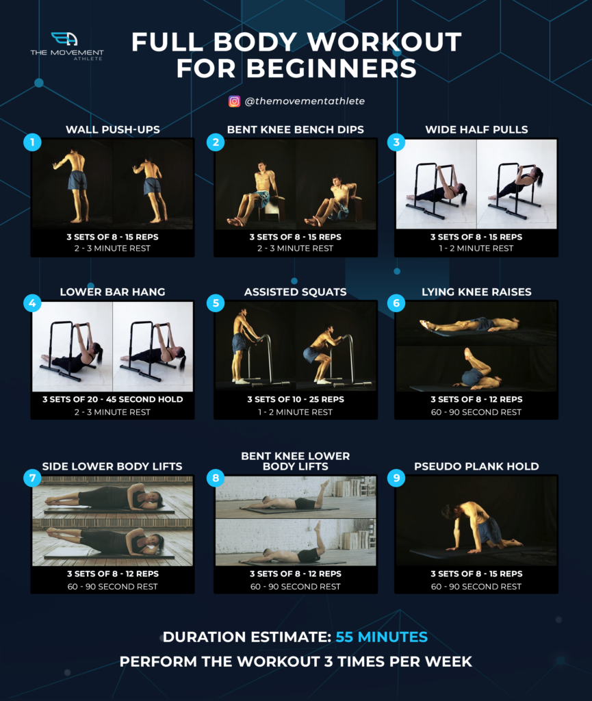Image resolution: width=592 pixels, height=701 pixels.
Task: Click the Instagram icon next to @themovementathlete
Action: (x=234, y=101)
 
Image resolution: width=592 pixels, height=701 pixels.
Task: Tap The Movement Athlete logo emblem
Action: (x=64, y=39)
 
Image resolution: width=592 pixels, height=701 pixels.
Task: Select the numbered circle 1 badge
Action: (x=32, y=142)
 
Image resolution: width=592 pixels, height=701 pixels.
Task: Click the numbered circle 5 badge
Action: (x=216, y=303)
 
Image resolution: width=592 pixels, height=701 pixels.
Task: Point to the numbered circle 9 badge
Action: (x=396, y=478)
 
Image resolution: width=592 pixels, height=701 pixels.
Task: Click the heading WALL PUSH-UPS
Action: (x=112, y=129)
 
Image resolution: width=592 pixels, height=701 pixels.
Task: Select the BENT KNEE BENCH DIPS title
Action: (x=295, y=129)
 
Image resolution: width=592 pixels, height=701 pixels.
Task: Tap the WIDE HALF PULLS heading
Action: (x=476, y=129)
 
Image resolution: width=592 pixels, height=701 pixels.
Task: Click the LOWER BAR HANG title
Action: (x=112, y=292)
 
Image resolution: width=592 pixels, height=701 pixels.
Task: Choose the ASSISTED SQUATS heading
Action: (x=295, y=292)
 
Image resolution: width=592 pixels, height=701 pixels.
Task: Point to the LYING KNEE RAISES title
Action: (x=476, y=292)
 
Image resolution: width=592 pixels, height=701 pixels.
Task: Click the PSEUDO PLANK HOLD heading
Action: (x=476, y=466)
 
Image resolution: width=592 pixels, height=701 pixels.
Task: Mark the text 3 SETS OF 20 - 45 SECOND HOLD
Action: (x=112, y=400)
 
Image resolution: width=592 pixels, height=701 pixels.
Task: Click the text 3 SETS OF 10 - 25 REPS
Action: (x=295, y=400)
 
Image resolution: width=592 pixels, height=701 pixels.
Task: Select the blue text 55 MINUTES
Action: (x=381, y=637)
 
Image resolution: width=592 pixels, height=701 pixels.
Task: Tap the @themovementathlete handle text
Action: (x=305, y=101)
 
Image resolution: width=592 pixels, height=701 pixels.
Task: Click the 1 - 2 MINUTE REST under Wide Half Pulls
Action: (x=476, y=248)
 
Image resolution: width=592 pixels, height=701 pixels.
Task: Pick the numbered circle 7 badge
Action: (x=32, y=478)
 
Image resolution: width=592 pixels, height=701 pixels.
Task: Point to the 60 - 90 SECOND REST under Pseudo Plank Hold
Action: (x=476, y=587)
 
